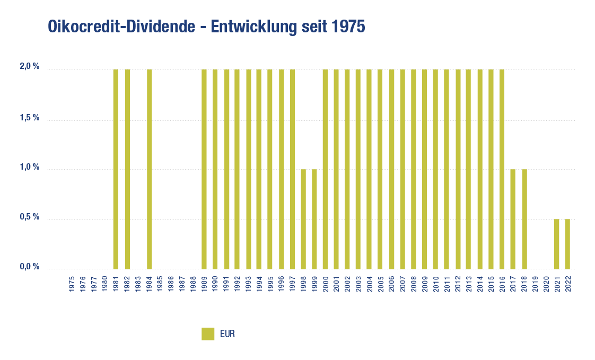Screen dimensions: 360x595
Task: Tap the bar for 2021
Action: tap(557, 243)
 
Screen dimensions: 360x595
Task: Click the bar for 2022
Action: tap(567, 243)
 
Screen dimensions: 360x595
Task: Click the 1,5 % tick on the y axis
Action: tap(30, 118)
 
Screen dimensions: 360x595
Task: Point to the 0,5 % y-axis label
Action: tap(30, 217)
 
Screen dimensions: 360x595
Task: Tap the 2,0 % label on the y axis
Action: tap(30, 67)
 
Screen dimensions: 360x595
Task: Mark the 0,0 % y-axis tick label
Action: tap(30, 267)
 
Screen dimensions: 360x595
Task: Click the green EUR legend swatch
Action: tap(208, 334)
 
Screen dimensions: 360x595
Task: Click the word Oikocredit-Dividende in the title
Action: tap(121, 27)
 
